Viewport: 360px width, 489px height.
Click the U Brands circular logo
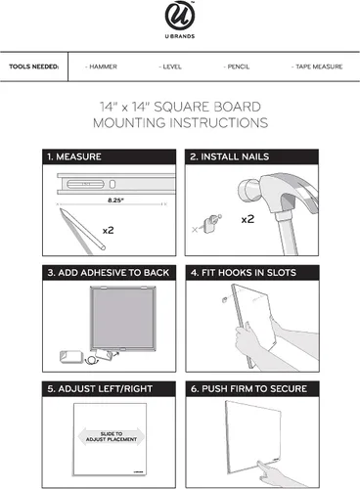[180, 16]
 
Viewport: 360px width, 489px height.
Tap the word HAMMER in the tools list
[103, 67]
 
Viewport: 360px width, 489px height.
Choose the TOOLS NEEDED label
[34, 67]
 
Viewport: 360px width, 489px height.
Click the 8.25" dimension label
[115, 200]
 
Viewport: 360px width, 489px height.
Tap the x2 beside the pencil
[109, 231]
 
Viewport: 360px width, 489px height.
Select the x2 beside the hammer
[247, 219]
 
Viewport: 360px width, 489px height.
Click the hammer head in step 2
[277, 193]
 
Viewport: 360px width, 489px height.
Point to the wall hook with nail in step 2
[211, 223]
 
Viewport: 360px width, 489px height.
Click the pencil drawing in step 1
[81, 231]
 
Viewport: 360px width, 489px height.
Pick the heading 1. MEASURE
[74, 156]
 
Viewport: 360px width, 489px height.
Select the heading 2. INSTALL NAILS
[230, 156]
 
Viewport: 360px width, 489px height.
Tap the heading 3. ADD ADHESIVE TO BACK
[109, 273]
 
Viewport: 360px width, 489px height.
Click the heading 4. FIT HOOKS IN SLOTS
[244, 273]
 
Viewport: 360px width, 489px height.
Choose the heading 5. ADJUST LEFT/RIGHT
[100, 388]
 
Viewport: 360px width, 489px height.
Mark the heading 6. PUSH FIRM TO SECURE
[248, 388]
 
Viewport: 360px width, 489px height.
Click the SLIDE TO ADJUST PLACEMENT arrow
[112, 436]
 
